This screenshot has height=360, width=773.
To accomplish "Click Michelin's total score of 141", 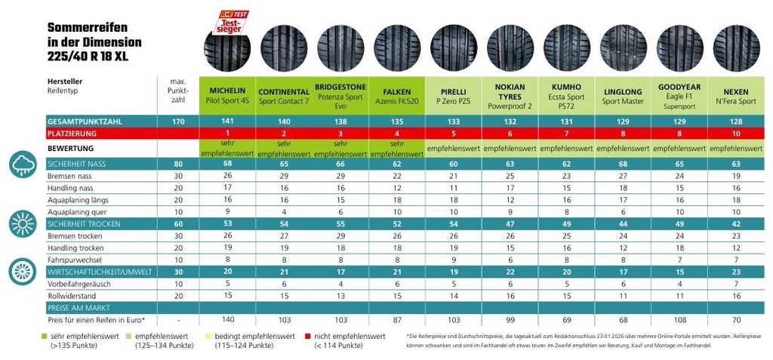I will click(x=228, y=121).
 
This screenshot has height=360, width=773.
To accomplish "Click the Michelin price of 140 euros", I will click(x=228, y=320).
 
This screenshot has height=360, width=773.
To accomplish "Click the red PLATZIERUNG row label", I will click(x=75, y=134).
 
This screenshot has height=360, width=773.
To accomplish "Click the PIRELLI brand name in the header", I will click(x=454, y=91).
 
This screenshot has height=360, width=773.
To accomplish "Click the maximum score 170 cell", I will click(x=179, y=121).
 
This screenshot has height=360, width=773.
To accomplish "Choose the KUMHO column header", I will click(x=566, y=89).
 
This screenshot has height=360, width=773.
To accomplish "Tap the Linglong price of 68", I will click(x=622, y=320).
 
